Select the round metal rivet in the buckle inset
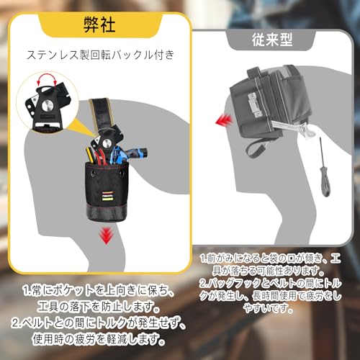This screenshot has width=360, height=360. pos(48,105)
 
